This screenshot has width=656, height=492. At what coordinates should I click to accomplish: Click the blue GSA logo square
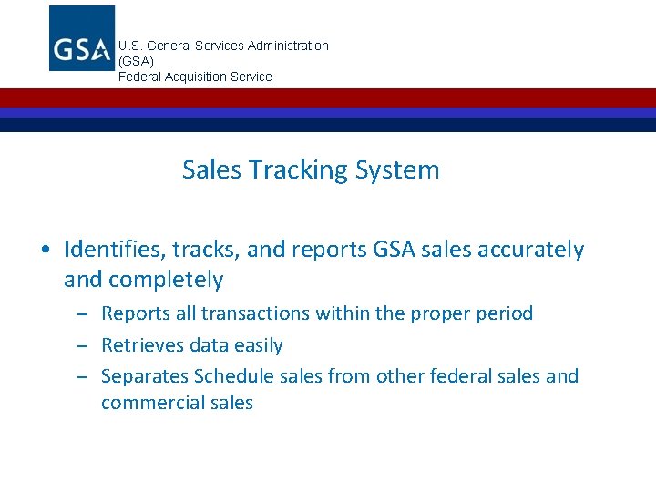[x=82, y=38]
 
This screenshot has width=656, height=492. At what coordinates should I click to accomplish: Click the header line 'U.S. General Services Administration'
[x=223, y=46]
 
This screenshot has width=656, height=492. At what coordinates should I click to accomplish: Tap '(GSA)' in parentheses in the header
[x=136, y=61]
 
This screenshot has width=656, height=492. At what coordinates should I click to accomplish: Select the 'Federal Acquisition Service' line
[x=195, y=77]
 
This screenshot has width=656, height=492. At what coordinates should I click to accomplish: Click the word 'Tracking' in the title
[x=302, y=170]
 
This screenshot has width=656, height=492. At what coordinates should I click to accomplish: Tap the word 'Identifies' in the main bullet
[x=111, y=250]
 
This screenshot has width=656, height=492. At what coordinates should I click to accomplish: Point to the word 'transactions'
[x=256, y=313]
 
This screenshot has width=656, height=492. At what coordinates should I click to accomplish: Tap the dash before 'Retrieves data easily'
[x=81, y=346]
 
